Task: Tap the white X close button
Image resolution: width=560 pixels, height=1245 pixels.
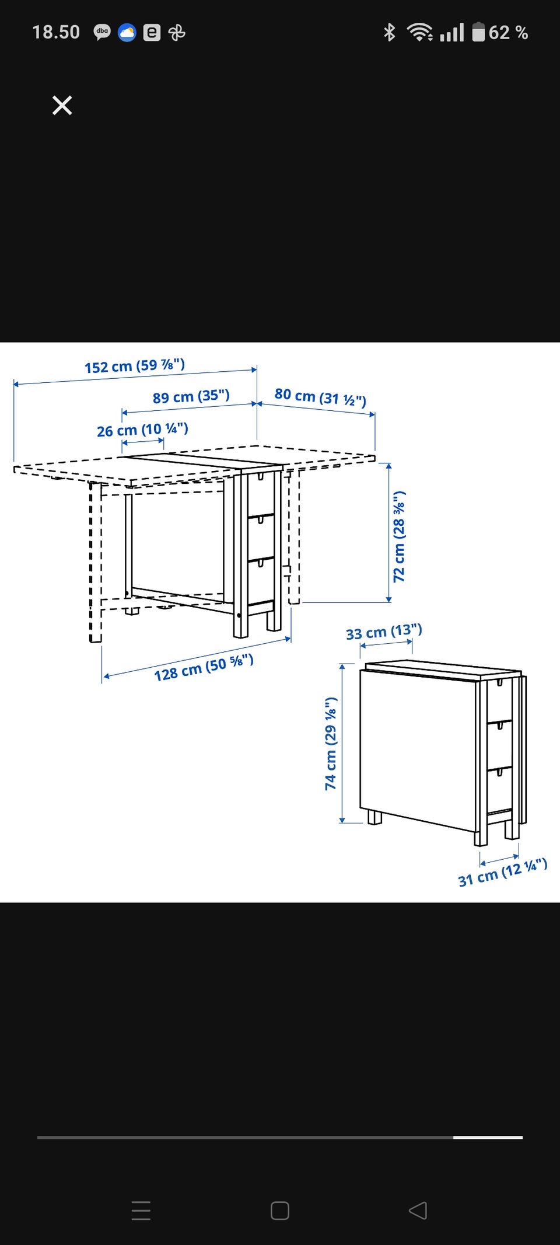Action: (x=62, y=106)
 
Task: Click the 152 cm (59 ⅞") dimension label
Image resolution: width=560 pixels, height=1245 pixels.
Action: (x=135, y=366)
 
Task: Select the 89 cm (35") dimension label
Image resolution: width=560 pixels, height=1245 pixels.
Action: (x=191, y=396)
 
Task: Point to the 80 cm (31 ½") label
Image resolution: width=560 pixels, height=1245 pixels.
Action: (x=320, y=397)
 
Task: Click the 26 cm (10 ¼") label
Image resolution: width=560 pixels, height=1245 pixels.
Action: (x=142, y=430)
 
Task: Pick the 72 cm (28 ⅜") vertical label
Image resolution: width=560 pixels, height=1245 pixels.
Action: (x=399, y=536)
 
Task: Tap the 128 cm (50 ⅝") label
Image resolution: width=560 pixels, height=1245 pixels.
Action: (x=204, y=668)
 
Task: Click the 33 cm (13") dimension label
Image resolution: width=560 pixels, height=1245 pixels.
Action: (x=384, y=632)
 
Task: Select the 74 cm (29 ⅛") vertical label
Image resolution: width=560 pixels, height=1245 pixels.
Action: (x=331, y=744)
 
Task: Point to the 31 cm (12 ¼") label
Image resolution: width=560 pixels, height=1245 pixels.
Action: (x=502, y=873)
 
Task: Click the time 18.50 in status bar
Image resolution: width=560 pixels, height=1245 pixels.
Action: (x=56, y=32)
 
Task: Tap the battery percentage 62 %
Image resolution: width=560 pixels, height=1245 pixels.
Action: (x=508, y=33)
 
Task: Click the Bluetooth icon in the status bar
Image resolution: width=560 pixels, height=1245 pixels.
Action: (x=389, y=32)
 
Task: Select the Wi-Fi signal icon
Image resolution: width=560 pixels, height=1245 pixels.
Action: (x=420, y=32)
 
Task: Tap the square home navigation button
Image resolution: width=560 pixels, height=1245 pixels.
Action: (x=280, y=1211)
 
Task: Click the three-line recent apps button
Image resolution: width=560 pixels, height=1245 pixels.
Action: (x=141, y=1211)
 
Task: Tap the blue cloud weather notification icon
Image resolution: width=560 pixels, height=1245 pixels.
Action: (x=127, y=33)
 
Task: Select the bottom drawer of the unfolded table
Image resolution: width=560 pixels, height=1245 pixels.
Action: (x=261, y=579)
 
